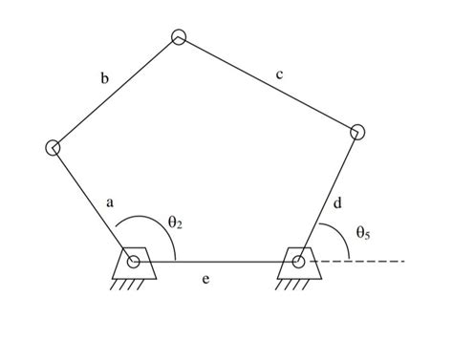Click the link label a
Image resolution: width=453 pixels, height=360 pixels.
tap(110, 202)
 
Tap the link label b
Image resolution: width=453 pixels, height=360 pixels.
tap(104, 78)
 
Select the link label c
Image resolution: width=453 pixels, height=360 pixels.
tap(278, 74)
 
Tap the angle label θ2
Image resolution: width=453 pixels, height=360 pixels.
tap(174, 222)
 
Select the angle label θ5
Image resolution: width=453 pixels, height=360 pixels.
tap(363, 231)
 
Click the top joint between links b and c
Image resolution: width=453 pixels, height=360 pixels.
tap(179, 37)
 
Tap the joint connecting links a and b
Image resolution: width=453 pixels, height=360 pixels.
tap(53, 147)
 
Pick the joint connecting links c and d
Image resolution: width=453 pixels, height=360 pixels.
tap(357, 132)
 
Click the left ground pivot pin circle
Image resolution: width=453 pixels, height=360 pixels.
tap(133, 261)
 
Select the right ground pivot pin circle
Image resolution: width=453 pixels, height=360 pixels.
tap(298, 261)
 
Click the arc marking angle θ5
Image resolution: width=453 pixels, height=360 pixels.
tap(340, 235)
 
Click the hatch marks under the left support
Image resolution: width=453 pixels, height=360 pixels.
tap(132, 284)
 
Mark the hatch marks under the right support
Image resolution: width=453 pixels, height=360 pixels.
tap(297, 284)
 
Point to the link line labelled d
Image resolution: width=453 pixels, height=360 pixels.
tap(328, 196)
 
